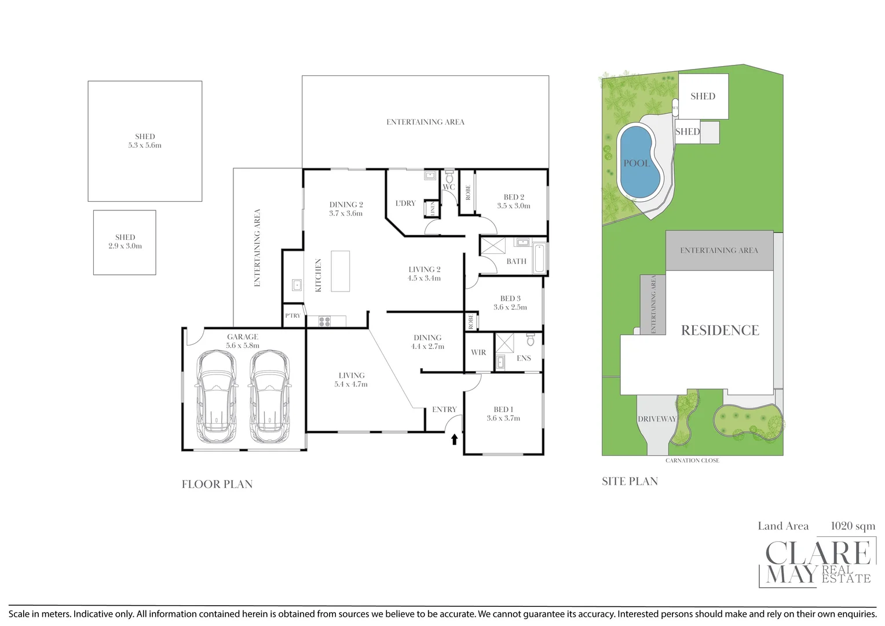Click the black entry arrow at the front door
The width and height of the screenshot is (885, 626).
tap(455, 439)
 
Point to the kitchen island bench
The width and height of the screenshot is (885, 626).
tap(341, 271)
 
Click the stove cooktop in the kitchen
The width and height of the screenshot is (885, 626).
tap(324, 321)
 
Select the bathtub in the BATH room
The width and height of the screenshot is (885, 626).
tap(539, 259)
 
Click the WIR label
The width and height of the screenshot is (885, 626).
tap(478, 352)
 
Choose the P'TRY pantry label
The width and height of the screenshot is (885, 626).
tap(293, 316)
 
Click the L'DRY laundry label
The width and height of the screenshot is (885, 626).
tap(405, 203)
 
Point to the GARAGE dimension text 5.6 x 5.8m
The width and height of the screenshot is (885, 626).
tap(243, 345)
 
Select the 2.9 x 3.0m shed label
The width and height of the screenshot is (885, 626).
tap(125, 246)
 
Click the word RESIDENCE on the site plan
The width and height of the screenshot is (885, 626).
tap(720, 330)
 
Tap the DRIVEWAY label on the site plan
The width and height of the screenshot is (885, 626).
tap(657, 419)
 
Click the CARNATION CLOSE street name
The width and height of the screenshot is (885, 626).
tap(692, 460)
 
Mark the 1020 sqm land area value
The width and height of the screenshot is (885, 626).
tap(853, 526)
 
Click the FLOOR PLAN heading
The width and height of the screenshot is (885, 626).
tap(217, 485)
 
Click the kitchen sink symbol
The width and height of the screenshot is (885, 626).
tap(297, 285)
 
